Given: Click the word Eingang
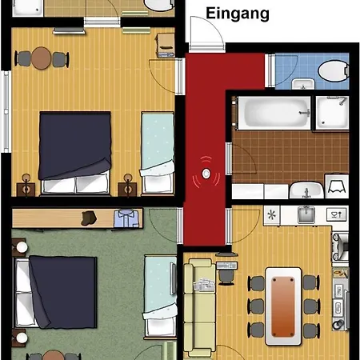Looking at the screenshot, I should tap(238, 14).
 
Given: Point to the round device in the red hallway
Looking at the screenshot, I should tap(206, 173).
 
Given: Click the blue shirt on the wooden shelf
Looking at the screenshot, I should tap(126, 217).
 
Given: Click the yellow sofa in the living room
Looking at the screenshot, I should tap(199, 304).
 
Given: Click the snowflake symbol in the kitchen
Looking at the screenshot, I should tap(273, 214).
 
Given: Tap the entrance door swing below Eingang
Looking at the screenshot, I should tap(205, 36).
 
